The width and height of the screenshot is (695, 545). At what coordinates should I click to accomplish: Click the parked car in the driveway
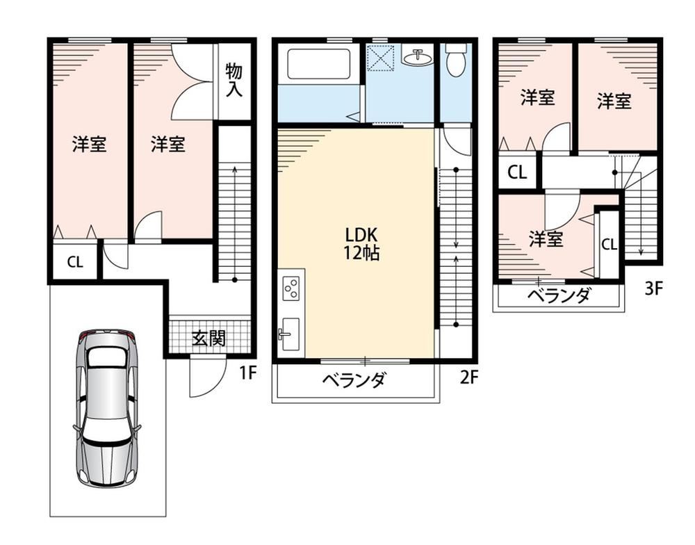[x=107, y=409]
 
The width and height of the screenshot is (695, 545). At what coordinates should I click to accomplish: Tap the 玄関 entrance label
[x=208, y=339]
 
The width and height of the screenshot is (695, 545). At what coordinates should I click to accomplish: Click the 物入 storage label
[x=234, y=80]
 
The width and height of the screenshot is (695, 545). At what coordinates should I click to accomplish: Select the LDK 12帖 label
[x=361, y=243]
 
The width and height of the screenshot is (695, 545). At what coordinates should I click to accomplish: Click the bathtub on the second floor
[x=319, y=64]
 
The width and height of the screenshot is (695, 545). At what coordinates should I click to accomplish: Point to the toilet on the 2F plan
[x=456, y=60]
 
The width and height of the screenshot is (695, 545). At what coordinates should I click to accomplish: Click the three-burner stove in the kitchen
[x=291, y=288]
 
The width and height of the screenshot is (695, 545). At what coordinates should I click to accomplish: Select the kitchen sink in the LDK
[x=291, y=334]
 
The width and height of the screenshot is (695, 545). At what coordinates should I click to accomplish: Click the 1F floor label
[x=248, y=373]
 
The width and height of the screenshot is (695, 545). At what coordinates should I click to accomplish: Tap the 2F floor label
[x=469, y=377]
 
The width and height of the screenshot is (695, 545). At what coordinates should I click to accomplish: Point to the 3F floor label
[x=653, y=288]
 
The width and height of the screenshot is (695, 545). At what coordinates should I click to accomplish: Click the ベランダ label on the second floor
[x=354, y=380]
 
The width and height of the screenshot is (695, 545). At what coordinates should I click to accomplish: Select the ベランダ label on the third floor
[x=559, y=295]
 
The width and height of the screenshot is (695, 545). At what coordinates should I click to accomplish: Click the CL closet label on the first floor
[x=75, y=262]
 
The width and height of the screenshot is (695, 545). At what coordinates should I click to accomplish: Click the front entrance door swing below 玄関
[x=207, y=377]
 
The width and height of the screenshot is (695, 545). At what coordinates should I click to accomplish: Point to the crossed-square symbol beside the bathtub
[x=380, y=57]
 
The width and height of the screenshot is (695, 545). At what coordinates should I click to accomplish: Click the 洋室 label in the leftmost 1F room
[x=90, y=145]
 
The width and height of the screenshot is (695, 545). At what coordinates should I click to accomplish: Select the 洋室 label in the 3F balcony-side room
[x=546, y=239]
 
